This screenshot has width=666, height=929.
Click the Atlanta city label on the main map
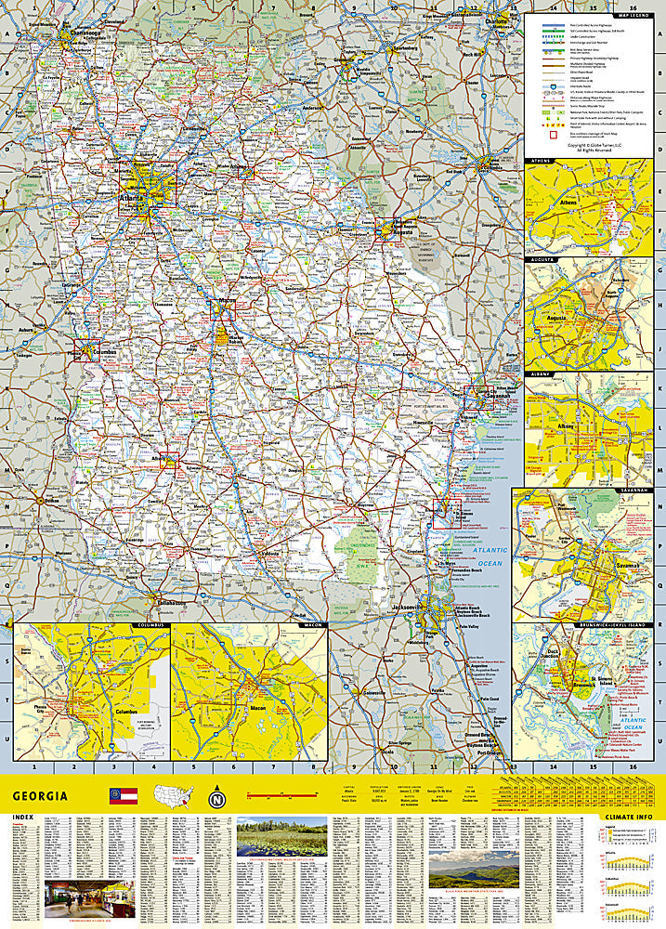click(x=131, y=198)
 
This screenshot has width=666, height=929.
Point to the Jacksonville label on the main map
click(x=407, y=608)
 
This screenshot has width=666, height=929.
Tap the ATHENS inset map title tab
click(x=541, y=162)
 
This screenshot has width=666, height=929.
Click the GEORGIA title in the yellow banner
click(x=40, y=796)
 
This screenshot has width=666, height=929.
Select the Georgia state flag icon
click(x=124, y=796)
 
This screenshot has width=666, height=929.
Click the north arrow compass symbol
click(x=216, y=796)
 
